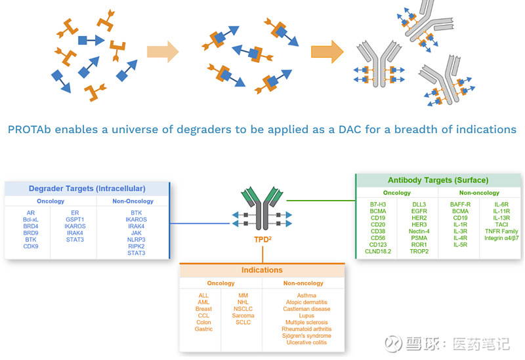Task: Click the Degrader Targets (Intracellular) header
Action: (87, 189)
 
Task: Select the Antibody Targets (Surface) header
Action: (438, 180)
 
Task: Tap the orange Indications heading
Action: (262, 270)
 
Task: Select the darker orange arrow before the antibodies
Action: (327, 50)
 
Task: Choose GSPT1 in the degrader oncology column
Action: (75, 220)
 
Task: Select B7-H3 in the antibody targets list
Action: (378, 204)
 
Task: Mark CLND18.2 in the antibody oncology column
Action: (378, 251)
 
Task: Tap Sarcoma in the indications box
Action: (243, 315)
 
